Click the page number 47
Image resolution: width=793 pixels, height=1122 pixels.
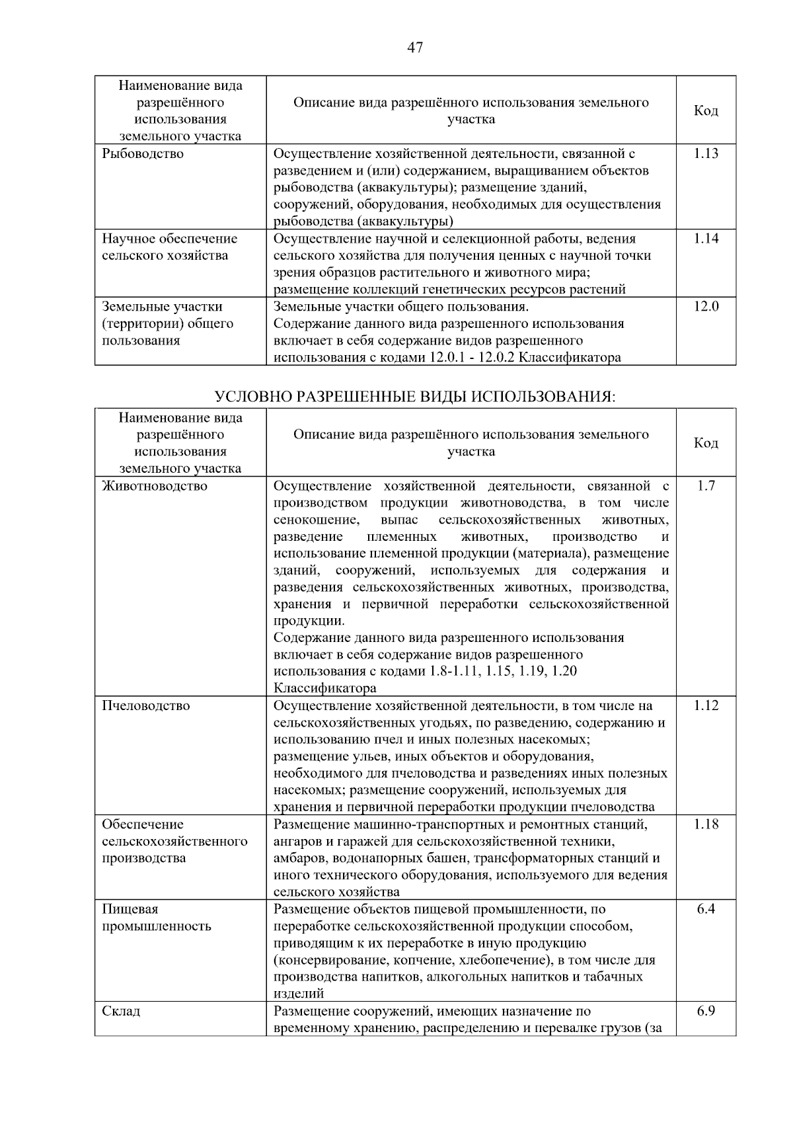click(415, 48)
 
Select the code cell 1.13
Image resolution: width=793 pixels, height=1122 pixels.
click(706, 154)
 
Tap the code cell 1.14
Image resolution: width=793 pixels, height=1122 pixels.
click(706, 239)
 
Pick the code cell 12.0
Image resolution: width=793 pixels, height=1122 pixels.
click(706, 307)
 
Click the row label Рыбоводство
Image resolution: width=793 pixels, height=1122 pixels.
click(143, 154)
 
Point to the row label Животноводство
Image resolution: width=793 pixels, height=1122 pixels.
click(155, 487)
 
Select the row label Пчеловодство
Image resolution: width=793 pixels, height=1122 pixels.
click(145, 706)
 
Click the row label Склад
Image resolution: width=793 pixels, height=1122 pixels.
click(121, 1012)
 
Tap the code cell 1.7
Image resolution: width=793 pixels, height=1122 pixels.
click(706, 487)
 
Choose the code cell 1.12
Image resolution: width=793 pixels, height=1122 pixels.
click(706, 706)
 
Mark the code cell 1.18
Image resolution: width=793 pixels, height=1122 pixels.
click(706, 824)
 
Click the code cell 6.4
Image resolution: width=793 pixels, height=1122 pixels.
click(706, 909)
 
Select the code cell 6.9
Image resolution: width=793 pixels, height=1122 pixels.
click(706, 1012)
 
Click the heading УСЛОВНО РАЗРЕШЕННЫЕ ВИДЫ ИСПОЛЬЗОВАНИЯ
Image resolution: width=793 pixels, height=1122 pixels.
click(415, 397)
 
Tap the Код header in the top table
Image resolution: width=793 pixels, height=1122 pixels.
click(706, 111)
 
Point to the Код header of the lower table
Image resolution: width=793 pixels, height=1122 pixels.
click(706, 444)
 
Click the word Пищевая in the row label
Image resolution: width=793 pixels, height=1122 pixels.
click(130, 909)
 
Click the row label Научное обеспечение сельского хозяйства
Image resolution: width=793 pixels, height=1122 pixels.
click(169, 247)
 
